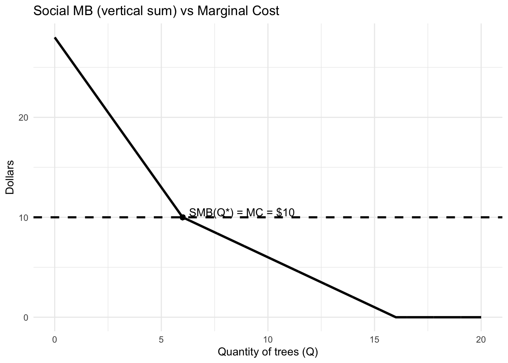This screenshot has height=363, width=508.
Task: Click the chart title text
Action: [x=156, y=11]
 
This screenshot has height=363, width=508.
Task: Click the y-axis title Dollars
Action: [x=10, y=177]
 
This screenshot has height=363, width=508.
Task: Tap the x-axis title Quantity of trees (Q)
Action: [x=268, y=352]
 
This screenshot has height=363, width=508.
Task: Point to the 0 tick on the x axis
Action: [x=55, y=339]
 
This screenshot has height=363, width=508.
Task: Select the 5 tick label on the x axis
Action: [x=161, y=339]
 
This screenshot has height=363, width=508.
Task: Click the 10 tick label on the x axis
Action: [x=268, y=339]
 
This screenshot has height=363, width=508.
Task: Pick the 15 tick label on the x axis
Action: [x=374, y=339]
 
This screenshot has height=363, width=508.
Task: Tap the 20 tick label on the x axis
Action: [x=481, y=339]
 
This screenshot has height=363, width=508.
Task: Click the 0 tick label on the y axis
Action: [x=26, y=318]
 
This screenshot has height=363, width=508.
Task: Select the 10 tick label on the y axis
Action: [x=23, y=217]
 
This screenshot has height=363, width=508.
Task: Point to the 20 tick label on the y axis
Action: [x=23, y=117]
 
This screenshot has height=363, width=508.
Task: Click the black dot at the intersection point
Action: [x=183, y=217]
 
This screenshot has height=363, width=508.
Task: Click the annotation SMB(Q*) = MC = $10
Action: [x=241, y=213]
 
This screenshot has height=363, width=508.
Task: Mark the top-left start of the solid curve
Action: [x=55, y=38]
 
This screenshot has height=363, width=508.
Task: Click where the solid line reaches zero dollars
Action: [x=396, y=317]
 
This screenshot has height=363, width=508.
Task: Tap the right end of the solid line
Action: [x=480, y=317]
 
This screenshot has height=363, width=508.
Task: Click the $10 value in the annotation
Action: [x=285, y=213]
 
